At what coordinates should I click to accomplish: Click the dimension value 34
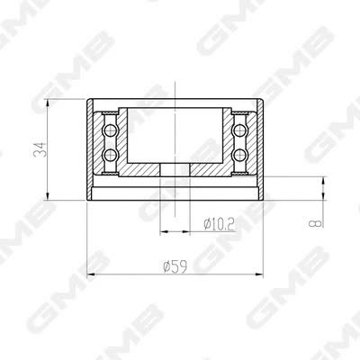[40, 149]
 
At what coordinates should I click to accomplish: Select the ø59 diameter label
[175, 266]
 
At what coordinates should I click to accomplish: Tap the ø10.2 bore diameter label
[219, 224]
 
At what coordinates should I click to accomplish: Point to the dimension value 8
[316, 223]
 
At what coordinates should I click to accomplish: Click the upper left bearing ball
[111, 130]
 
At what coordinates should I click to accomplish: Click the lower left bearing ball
[111, 155]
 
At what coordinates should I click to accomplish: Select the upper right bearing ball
[239, 130]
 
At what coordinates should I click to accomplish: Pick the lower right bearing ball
[239, 155]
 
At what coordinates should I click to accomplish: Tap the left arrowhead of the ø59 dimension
[91, 274]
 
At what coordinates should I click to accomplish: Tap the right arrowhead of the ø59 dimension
[259, 274]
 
